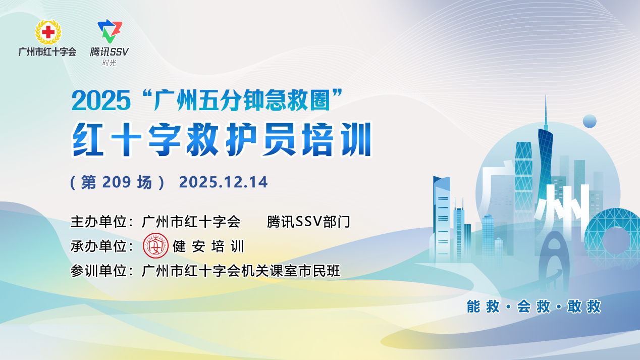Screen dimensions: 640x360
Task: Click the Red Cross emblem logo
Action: [x=48, y=32]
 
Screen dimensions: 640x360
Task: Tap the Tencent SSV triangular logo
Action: [x=110, y=31]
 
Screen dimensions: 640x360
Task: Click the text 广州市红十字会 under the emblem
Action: [x=47, y=52]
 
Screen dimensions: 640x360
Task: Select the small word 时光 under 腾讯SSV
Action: [x=110, y=63]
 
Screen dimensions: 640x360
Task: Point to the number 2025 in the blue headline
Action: [x=101, y=100]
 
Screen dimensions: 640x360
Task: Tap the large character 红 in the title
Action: [x=88, y=139]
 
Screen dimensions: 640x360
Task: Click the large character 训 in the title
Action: [x=356, y=139]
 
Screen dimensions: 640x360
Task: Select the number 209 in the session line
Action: [x=117, y=182]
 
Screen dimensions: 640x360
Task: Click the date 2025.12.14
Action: [x=224, y=182]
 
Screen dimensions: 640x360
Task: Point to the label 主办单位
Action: [x=98, y=222]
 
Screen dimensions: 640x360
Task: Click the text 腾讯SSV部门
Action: [x=308, y=222]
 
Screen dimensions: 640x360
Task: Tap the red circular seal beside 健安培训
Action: [x=156, y=246]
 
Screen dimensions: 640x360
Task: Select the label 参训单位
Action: [x=98, y=271]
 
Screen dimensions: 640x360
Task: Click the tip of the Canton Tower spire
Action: [x=546, y=95]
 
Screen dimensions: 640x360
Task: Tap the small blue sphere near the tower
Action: [x=590, y=121]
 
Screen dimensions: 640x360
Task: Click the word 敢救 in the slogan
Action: [x=584, y=306]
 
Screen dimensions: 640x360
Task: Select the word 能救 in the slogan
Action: [x=484, y=306]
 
